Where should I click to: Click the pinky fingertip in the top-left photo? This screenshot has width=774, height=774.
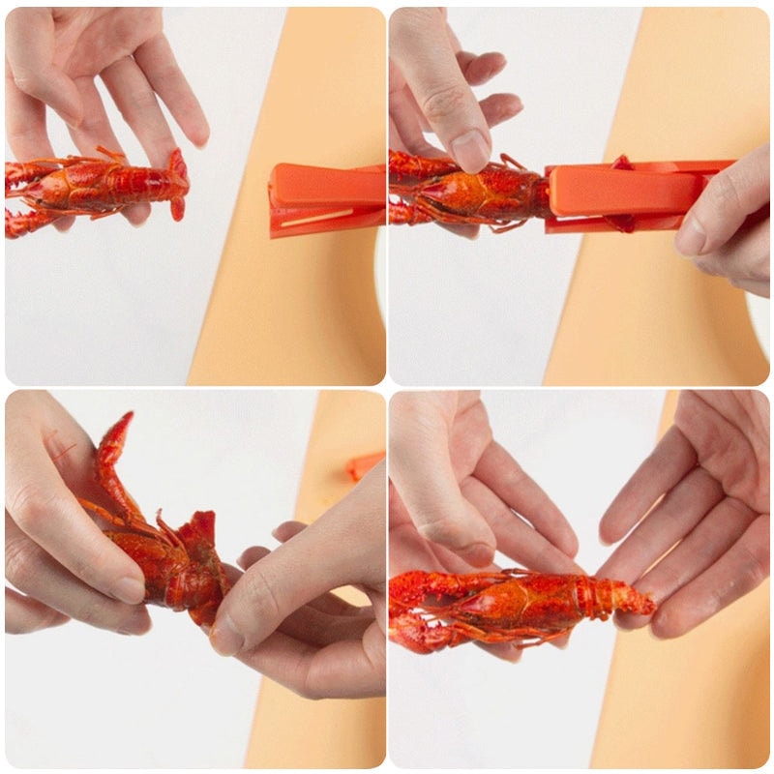click(197, 136)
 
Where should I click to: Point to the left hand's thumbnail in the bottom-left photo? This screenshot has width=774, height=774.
click(130, 589)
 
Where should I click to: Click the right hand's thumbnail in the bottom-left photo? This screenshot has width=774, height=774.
click(227, 634)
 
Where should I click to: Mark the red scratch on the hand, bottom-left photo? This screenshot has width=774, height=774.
click(63, 450)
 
